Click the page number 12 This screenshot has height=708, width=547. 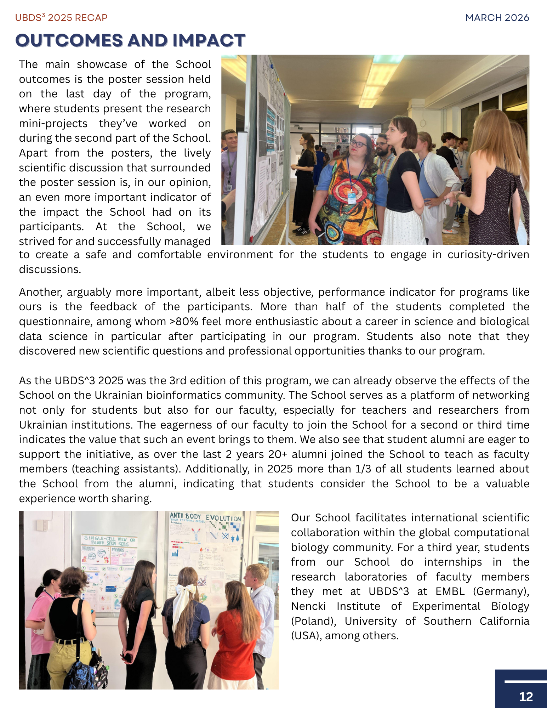[526, 697]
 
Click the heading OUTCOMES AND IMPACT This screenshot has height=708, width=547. [130, 40]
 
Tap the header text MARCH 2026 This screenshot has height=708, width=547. [497, 18]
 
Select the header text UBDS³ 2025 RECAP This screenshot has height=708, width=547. [61, 18]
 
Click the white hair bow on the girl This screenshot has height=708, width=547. [183, 599]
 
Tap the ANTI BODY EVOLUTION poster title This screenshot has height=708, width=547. [205, 518]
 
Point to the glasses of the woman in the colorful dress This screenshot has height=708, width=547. [358, 143]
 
